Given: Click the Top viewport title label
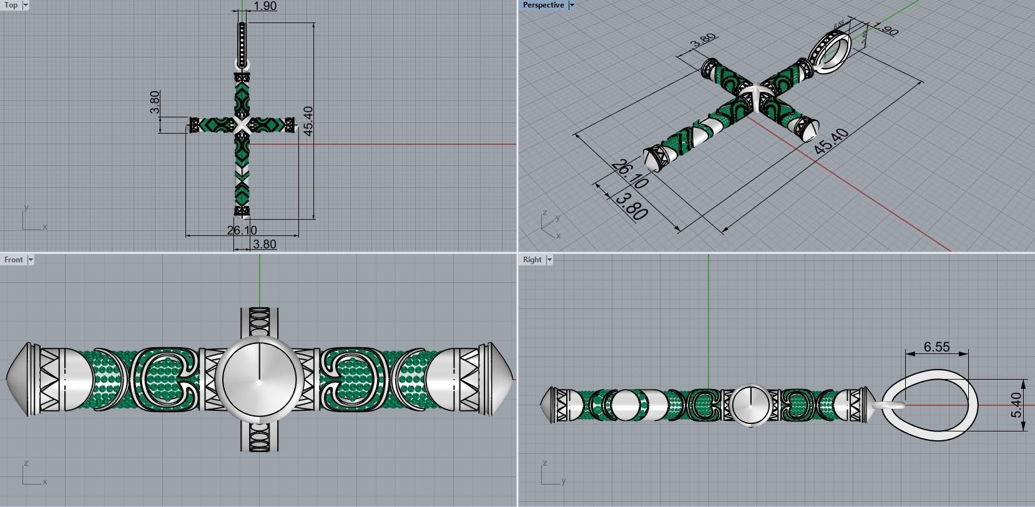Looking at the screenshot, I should (x=11, y=5).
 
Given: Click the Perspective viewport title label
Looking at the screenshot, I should (x=542, y=5).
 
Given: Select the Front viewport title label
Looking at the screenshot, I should (x=13, y=260).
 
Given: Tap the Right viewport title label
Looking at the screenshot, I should (x=532, y=260).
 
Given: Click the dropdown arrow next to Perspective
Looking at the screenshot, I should (x=571, y=5).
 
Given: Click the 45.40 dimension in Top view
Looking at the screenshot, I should (x=307, y=121).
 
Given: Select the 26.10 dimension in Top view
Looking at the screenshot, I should (x=242, y=230).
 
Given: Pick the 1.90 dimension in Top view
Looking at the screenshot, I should (x=265, y=6).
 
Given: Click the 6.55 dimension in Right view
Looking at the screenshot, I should (x=936, y=347).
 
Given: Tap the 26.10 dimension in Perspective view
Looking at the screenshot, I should (x=629, y=174).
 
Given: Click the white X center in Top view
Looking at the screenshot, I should (x=242, y=125).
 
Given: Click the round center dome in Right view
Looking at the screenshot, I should (x=750, y=405).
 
